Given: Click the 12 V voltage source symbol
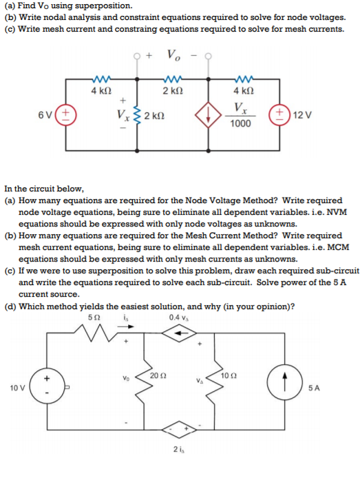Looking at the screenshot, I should pos(281,114).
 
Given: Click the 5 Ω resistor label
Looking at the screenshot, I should pos(94,316).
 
